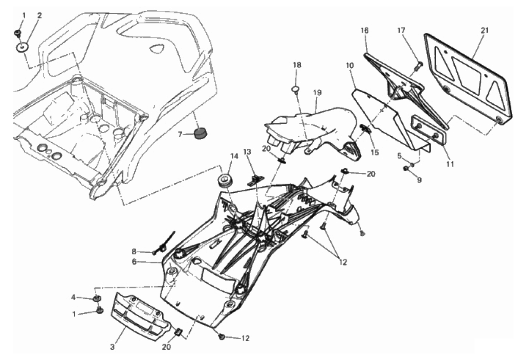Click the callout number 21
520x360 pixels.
point(485,31)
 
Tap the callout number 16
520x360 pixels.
point(364,31)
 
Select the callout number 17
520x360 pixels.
point(401,31)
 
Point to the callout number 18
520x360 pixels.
point(297,65)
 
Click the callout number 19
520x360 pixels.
point(317,93)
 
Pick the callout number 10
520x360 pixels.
point(350,66)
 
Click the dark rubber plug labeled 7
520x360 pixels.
point(200,133)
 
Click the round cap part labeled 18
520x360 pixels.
point(295,90)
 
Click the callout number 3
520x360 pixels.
point(112,347)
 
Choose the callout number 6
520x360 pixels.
point(134,262)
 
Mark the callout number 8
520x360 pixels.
point(134,251)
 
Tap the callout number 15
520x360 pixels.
point(375,152)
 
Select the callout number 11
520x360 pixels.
point(450,164)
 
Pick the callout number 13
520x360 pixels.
point(247,152)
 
